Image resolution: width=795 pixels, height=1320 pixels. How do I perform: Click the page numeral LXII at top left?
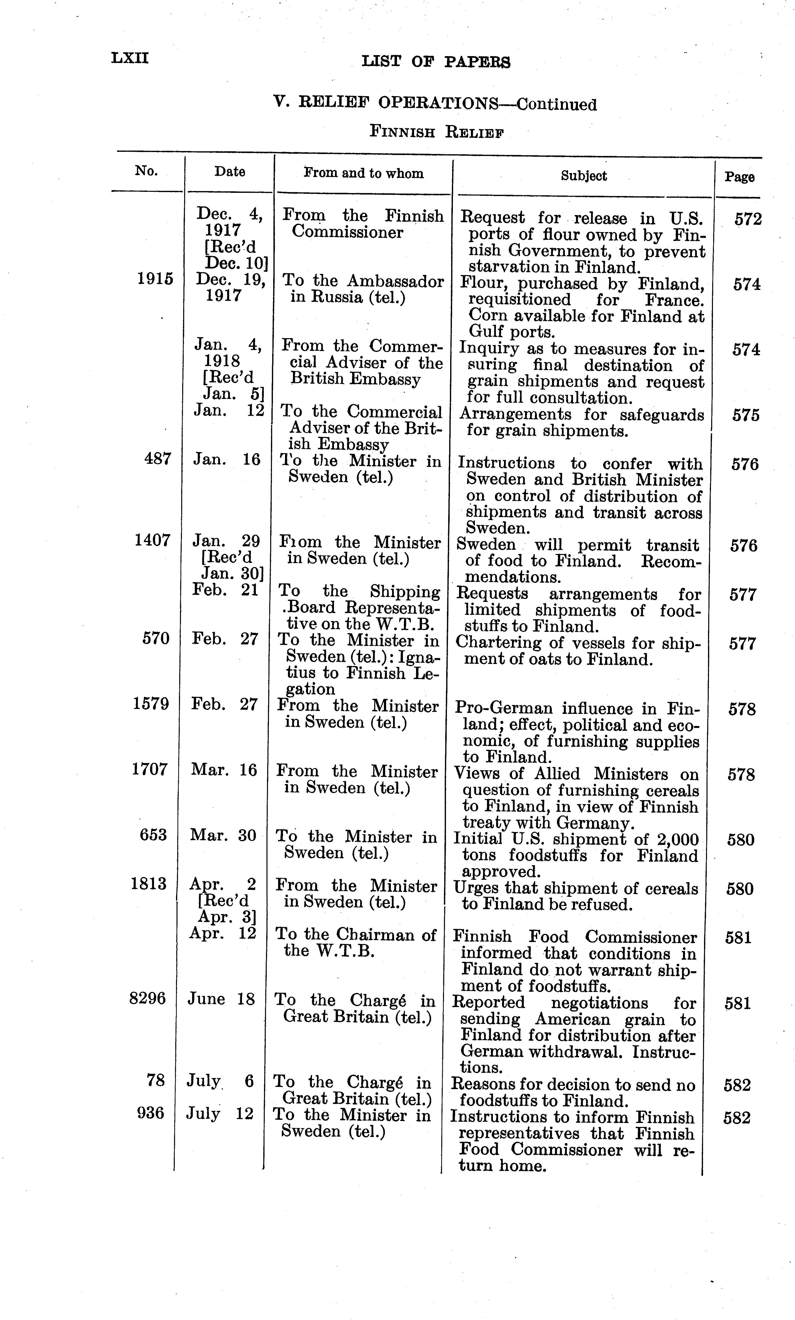point(130,58)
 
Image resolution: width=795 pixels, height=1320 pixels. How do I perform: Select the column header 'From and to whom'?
point(363,173)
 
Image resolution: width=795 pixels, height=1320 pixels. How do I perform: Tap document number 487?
point(158,459)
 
